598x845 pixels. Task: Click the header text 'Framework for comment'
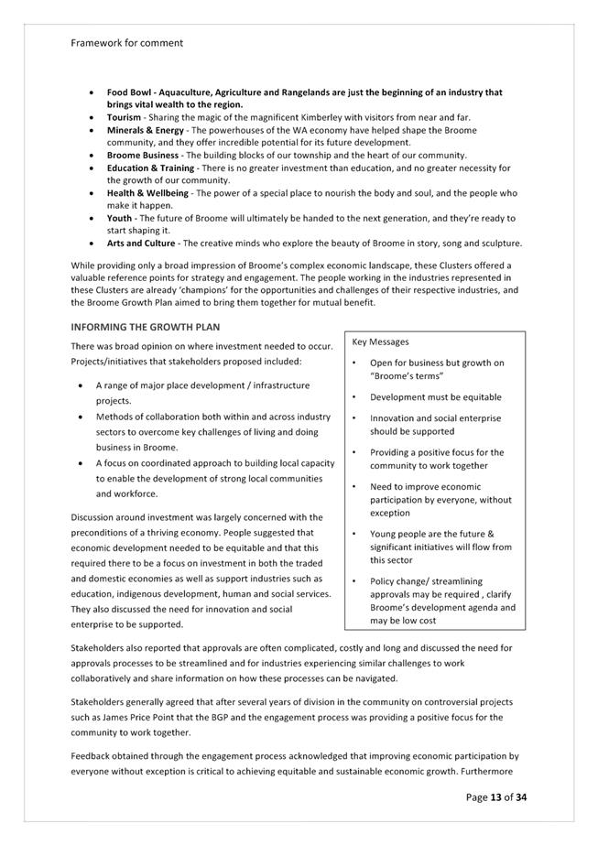point(126,42)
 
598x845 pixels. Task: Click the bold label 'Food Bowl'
point(129,92)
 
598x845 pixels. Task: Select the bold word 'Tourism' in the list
point(124,118)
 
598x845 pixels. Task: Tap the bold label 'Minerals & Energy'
point(145,131)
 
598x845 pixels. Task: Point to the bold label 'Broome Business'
point(142,156)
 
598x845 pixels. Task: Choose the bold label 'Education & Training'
point(150,168)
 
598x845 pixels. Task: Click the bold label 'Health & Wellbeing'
point(147,193)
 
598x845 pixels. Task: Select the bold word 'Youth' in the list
point(119,219)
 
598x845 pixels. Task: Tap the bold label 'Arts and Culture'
point(142,244)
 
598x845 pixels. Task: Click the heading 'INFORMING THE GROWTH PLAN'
point(145,327)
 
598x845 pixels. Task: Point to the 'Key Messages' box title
point(380,341)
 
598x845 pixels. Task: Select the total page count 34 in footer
point(521,797)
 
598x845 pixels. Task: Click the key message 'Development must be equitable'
point(435,397)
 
